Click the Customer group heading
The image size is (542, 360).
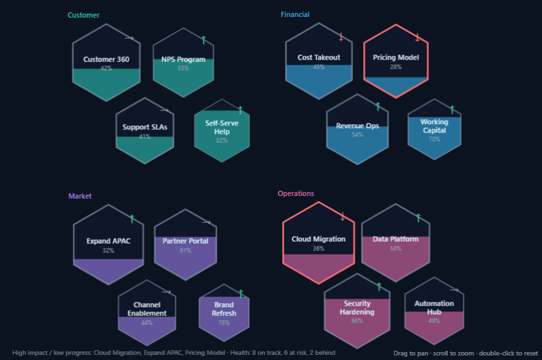point(83,15)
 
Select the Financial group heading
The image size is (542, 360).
point(295,14)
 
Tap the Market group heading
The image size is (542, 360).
point(80,196)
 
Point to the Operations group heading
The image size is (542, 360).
point(296,193)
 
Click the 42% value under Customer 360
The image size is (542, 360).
point(106,68)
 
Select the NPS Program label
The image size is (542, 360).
point(183,59)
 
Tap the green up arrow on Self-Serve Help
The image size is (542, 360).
point(240,110)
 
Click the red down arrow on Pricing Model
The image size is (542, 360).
point(417,37)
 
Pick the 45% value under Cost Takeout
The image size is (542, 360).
point(318,67)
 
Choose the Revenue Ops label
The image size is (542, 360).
point(358,125)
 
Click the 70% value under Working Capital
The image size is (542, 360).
point(434,139)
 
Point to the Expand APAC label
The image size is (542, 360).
point(108,241)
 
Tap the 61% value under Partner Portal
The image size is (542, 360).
point(185,250)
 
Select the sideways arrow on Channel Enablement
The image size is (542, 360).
point(167,291)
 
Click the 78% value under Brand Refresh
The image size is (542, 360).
point(224,322)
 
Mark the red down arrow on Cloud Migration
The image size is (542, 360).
point(342,217)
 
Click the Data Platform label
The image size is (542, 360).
point(396,239)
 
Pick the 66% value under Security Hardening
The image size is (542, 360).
point(357,321)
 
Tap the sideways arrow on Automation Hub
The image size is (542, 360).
point(454,290)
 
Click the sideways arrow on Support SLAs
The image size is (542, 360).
point(165,110)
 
